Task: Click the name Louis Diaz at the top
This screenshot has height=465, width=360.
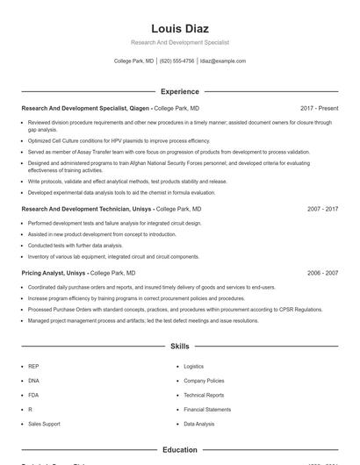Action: point(179,29)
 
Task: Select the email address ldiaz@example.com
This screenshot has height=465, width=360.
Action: point(222,61)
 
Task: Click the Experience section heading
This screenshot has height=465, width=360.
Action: point(179,91)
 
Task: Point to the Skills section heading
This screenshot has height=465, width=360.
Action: point(179,347)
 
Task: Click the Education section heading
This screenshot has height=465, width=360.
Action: point(179,450)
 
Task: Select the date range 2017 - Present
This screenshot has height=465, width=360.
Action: point(319,108)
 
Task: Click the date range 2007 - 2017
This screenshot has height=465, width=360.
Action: point(322,210)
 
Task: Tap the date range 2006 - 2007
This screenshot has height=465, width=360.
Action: point(322,273)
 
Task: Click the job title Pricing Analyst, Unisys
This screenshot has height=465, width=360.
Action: point(54,273)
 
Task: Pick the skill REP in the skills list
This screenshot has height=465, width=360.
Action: point(33,366)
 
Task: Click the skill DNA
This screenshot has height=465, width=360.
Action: point(33,381)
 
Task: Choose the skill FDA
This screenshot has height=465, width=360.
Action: point(33,395)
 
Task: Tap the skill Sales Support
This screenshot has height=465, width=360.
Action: point(44,424)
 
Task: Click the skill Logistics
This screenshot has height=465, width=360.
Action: point(193,366)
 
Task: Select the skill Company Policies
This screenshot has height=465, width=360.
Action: point(204,381)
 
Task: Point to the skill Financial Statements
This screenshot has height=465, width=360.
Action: point(207,410)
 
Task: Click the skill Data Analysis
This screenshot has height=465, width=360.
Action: point(198,424)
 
